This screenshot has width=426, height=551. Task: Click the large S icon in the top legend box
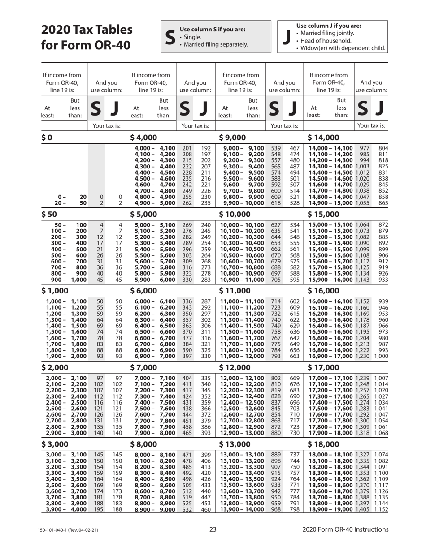(169, 37)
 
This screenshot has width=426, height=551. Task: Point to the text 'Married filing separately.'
(213, 44)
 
